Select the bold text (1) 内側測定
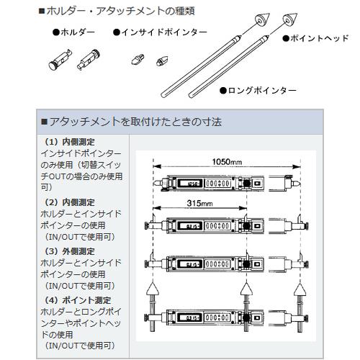(x=70, y=142)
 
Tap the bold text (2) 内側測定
(x=70, y=203)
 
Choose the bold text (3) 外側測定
(x=70, y=251)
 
